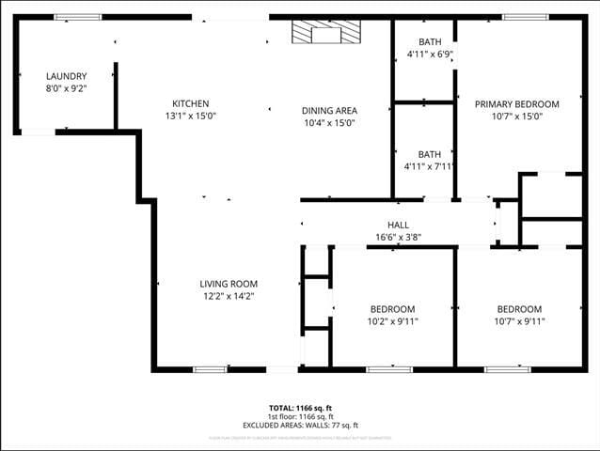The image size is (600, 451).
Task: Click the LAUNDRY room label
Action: click(x=67, y=76)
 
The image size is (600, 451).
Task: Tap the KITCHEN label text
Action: click(x=190, y=103)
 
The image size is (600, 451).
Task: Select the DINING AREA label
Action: click(x=329, y=110)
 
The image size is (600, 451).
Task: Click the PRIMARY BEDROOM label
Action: click(x=516, y=104)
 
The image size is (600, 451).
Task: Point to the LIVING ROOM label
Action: click(x=229, y=284)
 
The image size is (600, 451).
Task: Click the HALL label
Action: click(x=398, y=225)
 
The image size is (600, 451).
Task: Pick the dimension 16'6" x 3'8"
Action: click(x=398, y=237)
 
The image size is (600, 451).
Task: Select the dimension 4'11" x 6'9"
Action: click(x=429, y=54)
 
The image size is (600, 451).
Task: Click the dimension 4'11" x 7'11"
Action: click(x=429, y=166)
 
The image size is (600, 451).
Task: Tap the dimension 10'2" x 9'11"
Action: click(x=392, y=321)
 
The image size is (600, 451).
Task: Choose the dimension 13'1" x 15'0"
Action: click(x=190, y=117)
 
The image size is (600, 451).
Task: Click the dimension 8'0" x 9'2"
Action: click(x=67, y=89)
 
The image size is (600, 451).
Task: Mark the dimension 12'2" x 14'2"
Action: click(x=229, y=296)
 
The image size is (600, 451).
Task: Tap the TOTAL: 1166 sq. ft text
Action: click(x=300, y=408)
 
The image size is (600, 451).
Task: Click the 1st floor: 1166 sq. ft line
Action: click(x=300, y=416)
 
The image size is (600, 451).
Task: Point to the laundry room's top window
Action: click(x=71, y=17)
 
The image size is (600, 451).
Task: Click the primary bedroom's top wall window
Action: click(x=525, y=17)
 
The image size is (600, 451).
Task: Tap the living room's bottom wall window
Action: click(x=211, y=369)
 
